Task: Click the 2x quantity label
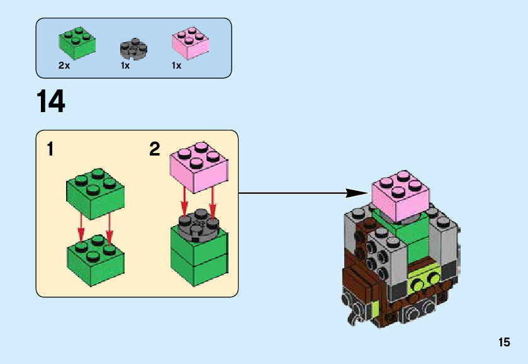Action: (64, 65)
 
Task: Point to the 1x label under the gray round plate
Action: (125, 65)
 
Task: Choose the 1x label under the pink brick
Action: (176, 65)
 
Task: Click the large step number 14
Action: (51, 101)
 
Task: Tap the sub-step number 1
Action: (50, 150)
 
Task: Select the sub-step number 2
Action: (155, 149)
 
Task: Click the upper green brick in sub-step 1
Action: (95, 191)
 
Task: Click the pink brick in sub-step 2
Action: (198, 167)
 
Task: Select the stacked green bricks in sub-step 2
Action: (199, 258)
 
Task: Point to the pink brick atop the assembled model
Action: (401, 195)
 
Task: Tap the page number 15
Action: (503, 343)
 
